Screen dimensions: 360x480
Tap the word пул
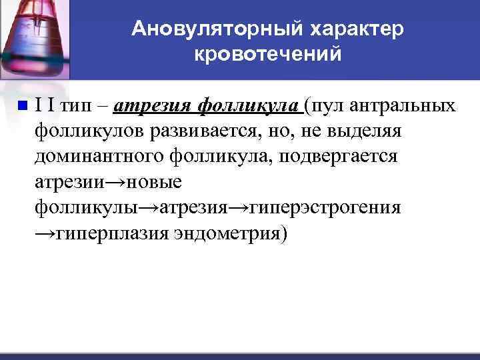click(328, 106)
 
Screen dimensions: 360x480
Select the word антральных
click(406, 106)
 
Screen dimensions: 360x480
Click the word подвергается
click(343, 156)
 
